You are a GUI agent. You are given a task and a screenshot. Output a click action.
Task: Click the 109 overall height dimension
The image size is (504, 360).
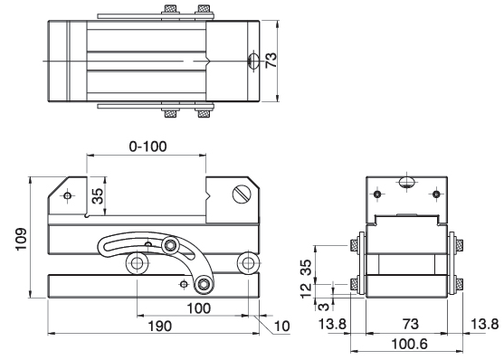coord(21,239)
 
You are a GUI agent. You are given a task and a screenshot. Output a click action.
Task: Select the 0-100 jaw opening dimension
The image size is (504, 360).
coord(147,147)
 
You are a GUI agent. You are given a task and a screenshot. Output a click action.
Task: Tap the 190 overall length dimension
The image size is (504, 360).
coord(160,327)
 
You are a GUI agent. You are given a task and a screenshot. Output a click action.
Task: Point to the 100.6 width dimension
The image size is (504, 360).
coord(409,345)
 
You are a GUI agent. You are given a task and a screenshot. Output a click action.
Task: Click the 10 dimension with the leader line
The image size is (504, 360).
coord(282,327)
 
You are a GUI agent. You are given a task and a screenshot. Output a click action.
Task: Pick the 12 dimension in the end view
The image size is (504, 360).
coord(306,290)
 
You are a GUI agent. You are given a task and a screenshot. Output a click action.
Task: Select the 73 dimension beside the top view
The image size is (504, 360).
coord(271,60)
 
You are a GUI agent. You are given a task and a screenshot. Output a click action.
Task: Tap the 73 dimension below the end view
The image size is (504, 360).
coord(410,324)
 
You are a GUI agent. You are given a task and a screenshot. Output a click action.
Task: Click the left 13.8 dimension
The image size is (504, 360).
coord(332,324)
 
